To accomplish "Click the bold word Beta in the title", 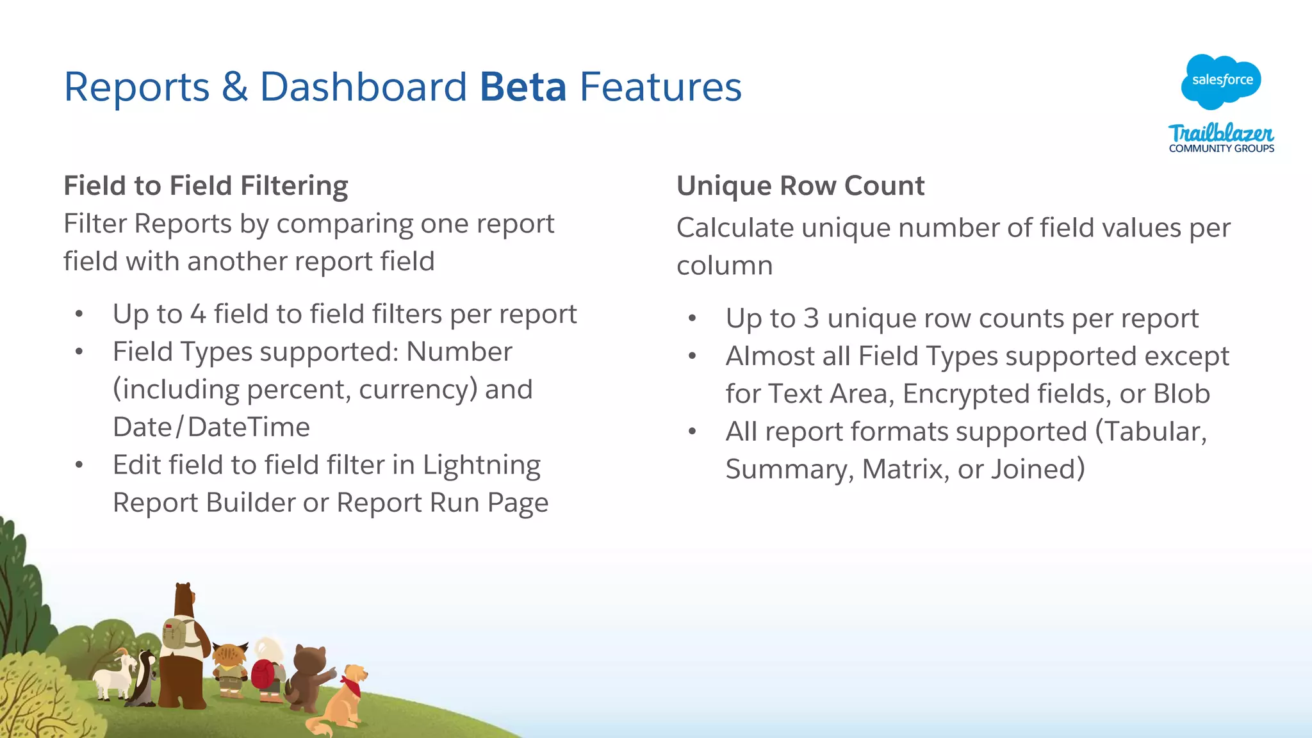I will tap(523, 86).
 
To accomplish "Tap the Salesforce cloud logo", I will tap(1221, 81).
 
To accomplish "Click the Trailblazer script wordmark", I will tap(1221, 133).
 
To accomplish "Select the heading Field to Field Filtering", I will tap(206, 186).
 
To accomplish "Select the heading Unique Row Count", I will tap(800, 186).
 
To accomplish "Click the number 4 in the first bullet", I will tap(198, 315).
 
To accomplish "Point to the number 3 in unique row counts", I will tap(811, 318).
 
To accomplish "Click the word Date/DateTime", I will tap(211, 427).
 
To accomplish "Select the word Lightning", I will tap(481, 466).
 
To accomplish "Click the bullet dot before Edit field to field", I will tap(79, 465).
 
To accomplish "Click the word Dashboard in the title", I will tap(363, 86).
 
